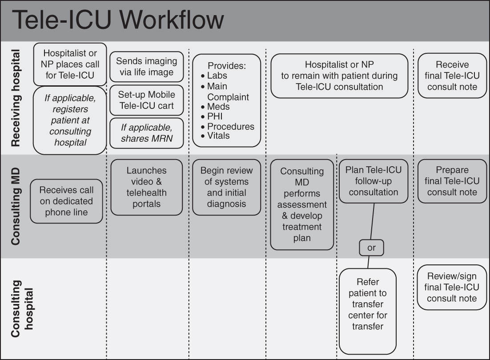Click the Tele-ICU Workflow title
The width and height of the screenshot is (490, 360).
[118, 20]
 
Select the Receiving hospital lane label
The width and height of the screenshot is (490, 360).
[16, 98]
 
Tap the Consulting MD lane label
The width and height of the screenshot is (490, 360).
[16, 206]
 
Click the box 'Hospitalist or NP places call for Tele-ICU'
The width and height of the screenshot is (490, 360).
[70, 64]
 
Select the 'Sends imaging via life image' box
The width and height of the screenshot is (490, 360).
[146, 67]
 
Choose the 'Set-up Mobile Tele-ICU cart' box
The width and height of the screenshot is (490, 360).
[146, 100]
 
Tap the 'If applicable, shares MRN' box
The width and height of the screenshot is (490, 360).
[146, 133]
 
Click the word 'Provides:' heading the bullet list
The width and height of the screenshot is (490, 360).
[227, 66]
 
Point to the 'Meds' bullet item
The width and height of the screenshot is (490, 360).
[218, 107]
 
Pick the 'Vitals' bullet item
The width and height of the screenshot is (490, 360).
[218, 136]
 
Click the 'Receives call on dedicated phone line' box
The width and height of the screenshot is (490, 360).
[66, 201]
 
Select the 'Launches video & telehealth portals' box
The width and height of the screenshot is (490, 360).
[146, 187]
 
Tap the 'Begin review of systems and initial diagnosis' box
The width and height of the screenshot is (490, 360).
[226, 187]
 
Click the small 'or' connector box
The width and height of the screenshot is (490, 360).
[371, 248]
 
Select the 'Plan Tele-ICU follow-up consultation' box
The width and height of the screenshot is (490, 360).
[373, 181]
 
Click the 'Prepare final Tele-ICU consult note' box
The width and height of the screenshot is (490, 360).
[452, 181]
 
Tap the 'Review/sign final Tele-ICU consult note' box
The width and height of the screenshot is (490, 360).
[452, 288]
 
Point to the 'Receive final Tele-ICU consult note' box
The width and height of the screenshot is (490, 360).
[452, 76]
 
